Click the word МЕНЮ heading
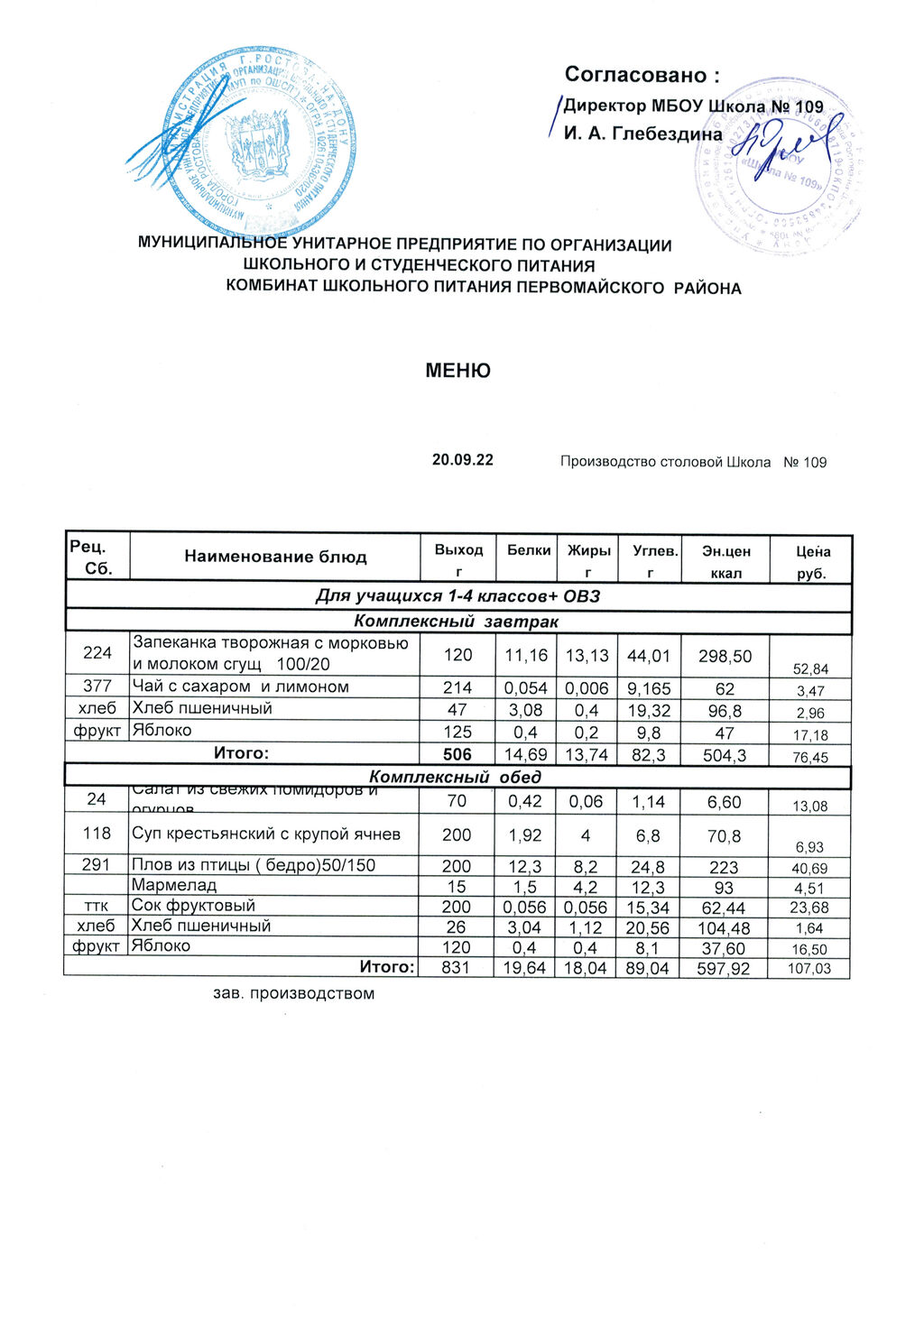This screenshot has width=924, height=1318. [x=458, y=371]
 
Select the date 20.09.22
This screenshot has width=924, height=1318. [x=463, y=459]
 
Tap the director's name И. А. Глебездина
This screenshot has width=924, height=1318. [x=642, y=134]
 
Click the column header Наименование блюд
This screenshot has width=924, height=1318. [x=275, y=557]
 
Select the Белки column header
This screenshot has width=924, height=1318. [x=529, y=549]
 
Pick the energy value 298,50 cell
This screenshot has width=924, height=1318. [x=725, y=656]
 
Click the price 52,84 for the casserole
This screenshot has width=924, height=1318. [x=809, y=669]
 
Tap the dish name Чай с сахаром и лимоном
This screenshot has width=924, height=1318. [x=240, y=687]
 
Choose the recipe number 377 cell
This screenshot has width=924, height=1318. [x=97, y=687]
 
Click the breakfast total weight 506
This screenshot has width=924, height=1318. [x=457, y=753]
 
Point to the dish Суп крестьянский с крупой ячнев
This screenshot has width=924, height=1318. [x=265, y=834]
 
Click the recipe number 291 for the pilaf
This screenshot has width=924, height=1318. [x=97, y=865]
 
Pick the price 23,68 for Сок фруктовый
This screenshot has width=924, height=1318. [x=809, y=908]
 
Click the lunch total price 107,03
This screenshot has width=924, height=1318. [x=809, y=969]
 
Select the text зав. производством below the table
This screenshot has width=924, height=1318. [x=292, y=994]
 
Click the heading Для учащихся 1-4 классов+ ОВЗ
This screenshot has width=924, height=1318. [x=457, y=596]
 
